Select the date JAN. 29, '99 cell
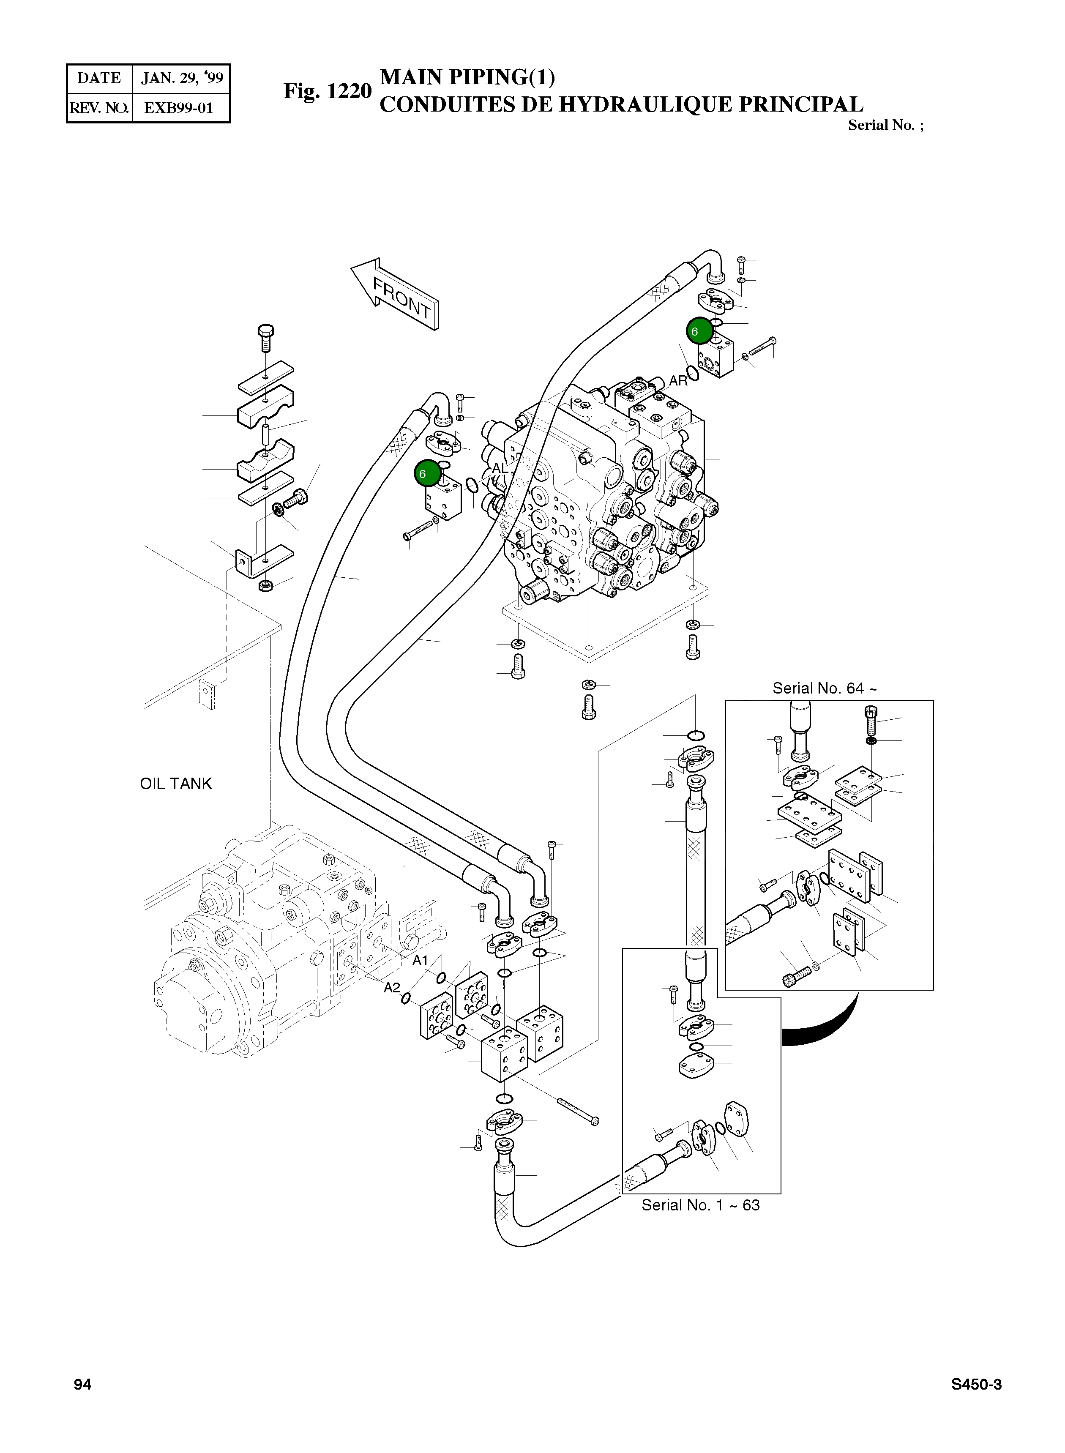click(181, 79)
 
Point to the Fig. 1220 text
click(328, 91)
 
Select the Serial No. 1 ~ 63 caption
click(700, 1205)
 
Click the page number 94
click(82, 1384)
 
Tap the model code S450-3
click(976, 1384)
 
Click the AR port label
click(678, 380)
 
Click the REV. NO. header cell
click(99, 108)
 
